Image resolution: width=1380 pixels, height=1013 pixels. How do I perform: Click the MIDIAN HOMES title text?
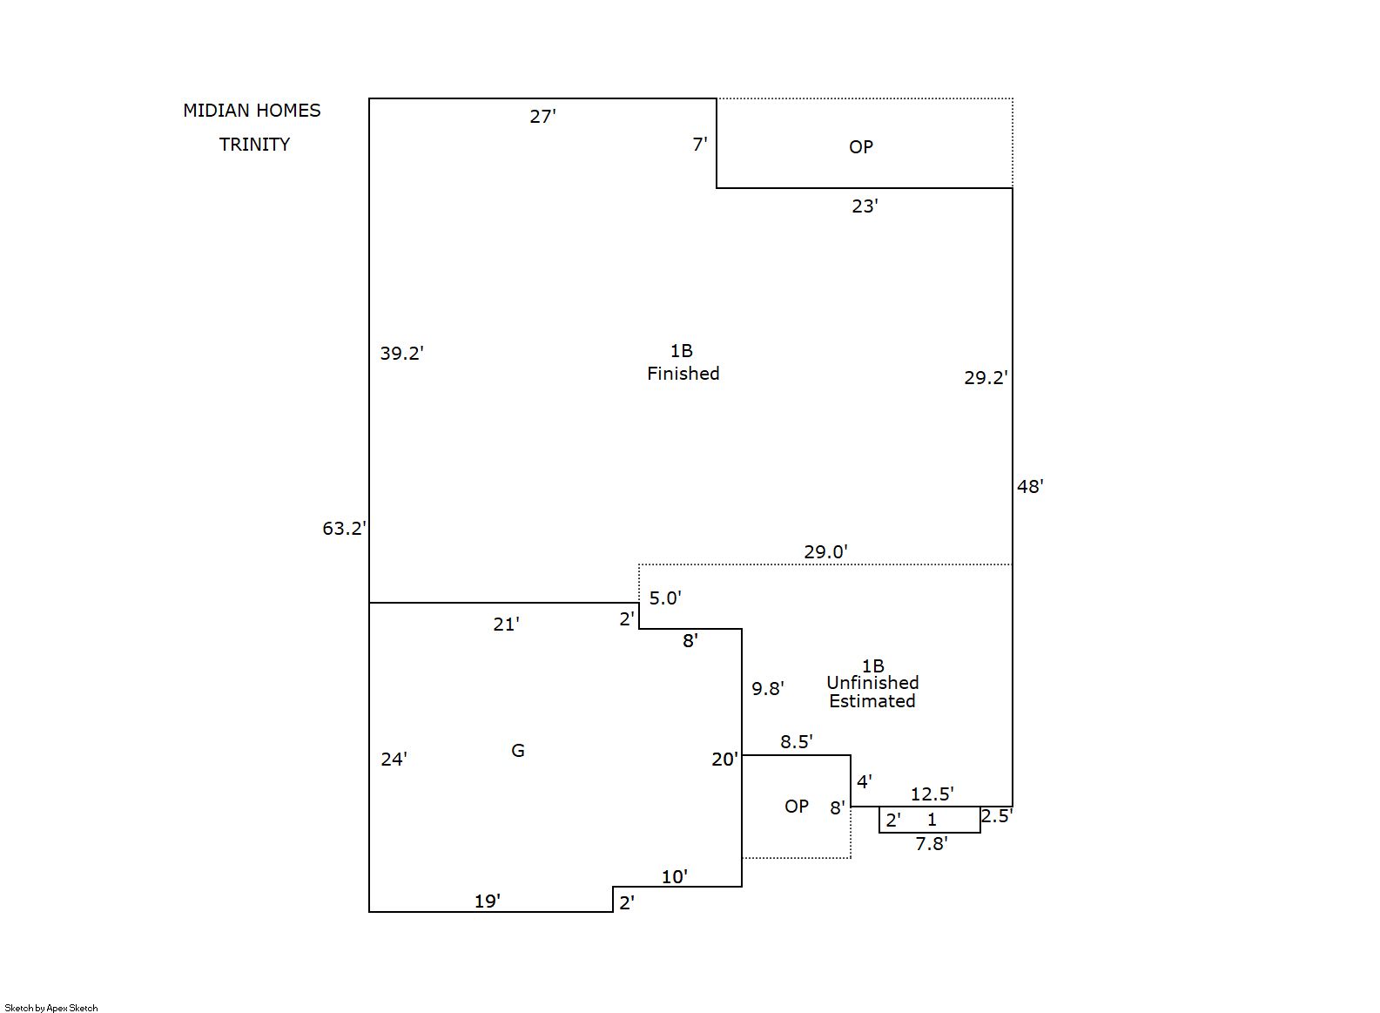[252, 111]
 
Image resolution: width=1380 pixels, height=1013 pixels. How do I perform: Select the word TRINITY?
[254, 145]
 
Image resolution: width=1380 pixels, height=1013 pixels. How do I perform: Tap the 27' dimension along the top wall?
[542, 117]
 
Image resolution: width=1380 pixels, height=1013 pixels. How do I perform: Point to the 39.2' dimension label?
[401, 354]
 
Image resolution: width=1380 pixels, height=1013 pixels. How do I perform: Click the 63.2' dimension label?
[344, 529]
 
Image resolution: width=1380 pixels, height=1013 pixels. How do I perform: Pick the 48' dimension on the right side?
[1030, 487]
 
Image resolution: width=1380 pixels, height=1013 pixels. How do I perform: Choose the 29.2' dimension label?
[986, 378]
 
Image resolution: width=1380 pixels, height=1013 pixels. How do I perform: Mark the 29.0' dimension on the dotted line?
[825, 552]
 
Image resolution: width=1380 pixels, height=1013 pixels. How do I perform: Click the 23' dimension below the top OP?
[865, 206]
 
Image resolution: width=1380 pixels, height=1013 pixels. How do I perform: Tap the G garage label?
[518, 751]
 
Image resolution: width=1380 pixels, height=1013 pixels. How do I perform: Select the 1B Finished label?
[683, 362]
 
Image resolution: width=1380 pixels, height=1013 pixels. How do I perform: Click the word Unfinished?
[872, 683]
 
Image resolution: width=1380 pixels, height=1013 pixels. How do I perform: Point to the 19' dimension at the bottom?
[488, 902]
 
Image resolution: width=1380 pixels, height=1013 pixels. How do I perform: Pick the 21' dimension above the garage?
[506, 625]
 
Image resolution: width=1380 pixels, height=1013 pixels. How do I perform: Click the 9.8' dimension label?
[768, 689]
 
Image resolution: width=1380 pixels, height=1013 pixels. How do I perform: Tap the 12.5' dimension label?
[932, 794]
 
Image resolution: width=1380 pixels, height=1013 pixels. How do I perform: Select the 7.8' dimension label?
[932, 844]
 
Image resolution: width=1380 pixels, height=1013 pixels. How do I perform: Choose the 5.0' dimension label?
[665, 598]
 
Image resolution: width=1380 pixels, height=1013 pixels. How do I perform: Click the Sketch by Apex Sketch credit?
[51, 1008]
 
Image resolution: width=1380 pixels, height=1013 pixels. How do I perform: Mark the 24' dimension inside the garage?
[394, 760]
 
